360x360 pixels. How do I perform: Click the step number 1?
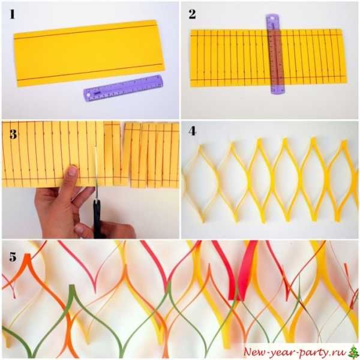point(12,14)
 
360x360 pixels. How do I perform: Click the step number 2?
point(192,14)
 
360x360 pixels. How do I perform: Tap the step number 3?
point(13,134)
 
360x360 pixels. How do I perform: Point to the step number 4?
point(192,131)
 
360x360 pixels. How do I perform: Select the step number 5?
point(13,257)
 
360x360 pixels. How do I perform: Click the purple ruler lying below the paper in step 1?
point(123,88)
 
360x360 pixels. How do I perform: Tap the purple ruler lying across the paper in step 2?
point(275,54)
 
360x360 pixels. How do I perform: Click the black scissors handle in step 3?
point(97,219)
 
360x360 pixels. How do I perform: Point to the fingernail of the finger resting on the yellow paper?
point(73,170)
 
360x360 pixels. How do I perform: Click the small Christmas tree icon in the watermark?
point(353,352)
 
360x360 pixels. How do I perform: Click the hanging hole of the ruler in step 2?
point(272,17)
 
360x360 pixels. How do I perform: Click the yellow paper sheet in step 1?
point(89,53)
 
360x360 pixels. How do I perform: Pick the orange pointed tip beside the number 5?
point(28,256)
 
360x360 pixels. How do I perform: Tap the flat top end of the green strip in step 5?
point(72,286)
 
